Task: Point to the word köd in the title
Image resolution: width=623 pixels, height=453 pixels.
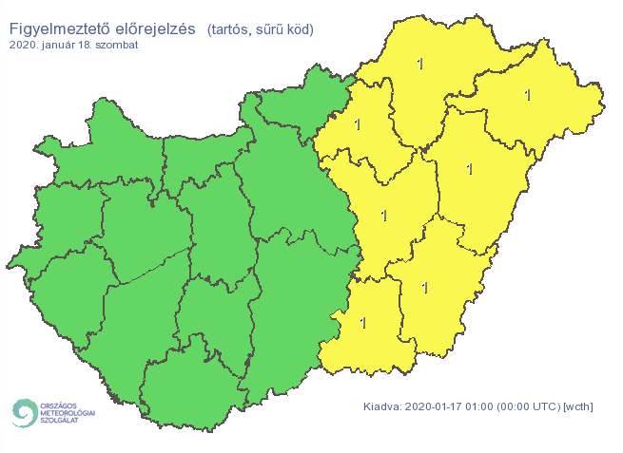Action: [301, 29]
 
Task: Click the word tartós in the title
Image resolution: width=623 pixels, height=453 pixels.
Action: [231, 29]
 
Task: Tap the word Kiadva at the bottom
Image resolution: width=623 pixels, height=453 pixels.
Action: [382, 407]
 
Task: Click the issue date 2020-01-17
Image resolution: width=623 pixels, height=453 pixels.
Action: [435, 407]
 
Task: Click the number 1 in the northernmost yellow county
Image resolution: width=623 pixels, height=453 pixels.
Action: [420, 64]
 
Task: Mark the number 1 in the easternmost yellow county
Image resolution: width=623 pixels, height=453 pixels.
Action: [528, 95]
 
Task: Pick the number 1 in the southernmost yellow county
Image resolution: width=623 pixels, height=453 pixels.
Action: [362, 323]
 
